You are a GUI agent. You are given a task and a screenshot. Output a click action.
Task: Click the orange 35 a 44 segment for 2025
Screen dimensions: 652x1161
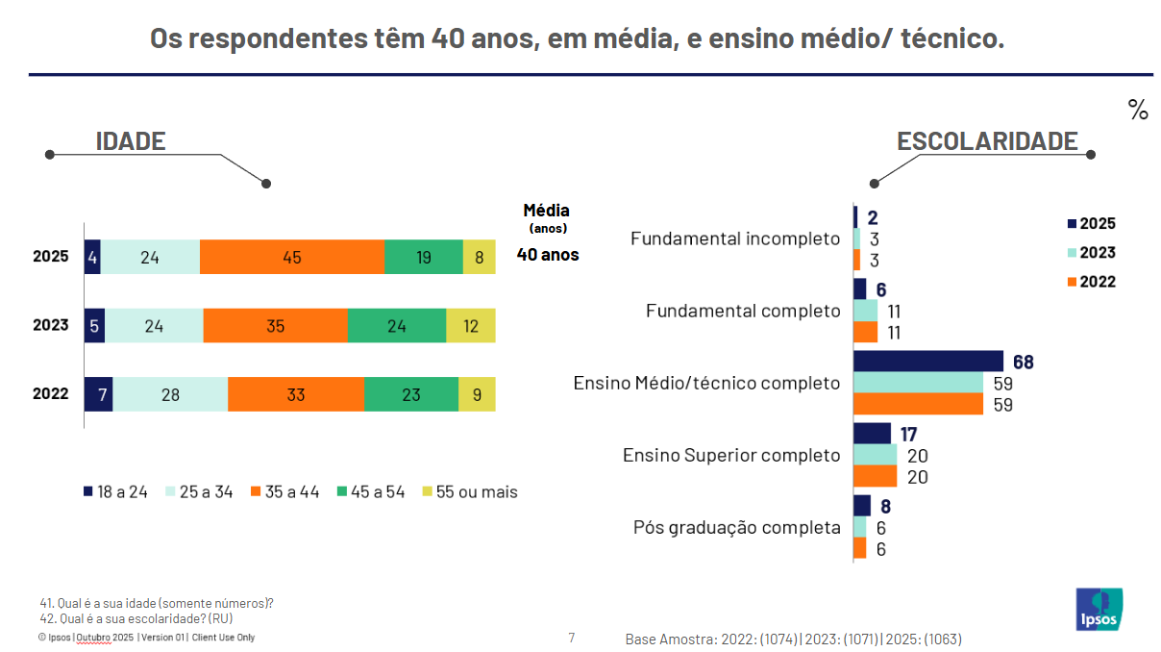291,257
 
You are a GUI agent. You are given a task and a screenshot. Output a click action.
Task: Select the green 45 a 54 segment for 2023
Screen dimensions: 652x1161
396,325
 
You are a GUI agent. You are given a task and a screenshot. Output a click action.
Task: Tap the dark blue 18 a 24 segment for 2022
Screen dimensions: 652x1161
98,393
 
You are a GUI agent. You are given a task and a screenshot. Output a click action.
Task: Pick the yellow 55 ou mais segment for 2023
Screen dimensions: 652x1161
471,325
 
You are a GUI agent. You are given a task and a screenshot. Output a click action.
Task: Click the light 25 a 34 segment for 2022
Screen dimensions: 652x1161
170,393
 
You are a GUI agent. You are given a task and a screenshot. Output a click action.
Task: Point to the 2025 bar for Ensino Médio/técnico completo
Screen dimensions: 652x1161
927,362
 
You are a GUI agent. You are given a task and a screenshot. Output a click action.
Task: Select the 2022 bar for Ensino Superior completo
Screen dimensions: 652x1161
875,476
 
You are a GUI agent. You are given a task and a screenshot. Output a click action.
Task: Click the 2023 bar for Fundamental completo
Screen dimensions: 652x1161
866,311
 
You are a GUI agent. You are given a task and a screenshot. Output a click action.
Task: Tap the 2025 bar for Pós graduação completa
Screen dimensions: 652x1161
862,506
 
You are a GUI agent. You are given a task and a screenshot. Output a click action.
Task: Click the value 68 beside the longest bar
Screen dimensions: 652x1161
1023,362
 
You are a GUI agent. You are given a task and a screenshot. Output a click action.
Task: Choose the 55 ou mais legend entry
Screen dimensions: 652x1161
468,491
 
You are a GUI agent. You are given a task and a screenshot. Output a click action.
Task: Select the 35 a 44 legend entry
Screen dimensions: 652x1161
284,491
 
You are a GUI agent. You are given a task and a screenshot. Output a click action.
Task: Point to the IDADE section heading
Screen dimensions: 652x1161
131,141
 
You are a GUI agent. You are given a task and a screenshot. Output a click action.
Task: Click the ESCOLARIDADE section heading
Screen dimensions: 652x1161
987,141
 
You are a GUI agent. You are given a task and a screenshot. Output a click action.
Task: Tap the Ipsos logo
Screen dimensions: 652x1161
1099,609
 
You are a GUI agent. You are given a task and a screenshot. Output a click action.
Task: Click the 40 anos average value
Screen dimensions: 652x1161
548,255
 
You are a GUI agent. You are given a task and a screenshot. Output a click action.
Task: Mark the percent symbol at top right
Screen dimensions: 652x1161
1138,111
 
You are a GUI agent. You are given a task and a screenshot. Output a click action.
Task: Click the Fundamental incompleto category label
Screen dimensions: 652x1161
735,238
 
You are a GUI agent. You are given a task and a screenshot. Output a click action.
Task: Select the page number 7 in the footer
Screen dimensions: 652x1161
572,637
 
